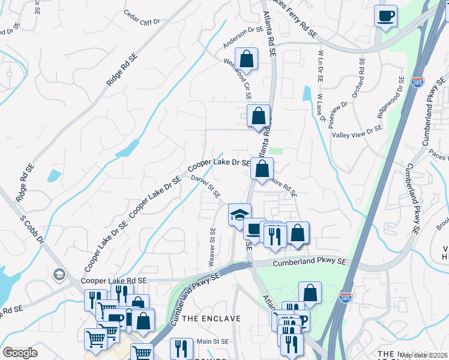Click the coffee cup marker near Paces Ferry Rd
coord(385,16)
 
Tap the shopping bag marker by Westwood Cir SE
coord(246,59)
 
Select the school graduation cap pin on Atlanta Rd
coord(239,214)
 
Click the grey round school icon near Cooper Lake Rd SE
coord(59,275)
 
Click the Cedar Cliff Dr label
coord(142,17)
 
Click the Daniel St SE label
coord(206,186)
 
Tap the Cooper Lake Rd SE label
coord(113,280)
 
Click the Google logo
coord(20,353)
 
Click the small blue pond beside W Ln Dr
coord(308,92)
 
